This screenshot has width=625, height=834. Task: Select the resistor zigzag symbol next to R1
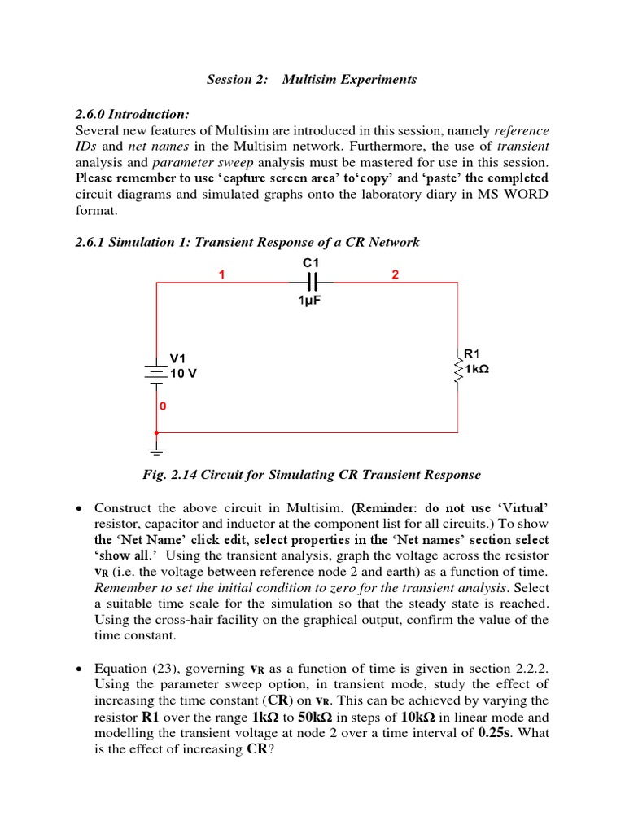[458, 371]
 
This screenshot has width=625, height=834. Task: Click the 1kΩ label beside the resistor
[477, 370]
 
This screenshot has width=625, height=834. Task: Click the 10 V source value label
[183, 373]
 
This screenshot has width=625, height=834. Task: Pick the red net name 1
[221, 274]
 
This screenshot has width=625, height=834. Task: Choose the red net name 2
[395, 274]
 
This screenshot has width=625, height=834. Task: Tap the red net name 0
[163, 406]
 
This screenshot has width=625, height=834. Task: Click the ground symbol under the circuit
[156, 448]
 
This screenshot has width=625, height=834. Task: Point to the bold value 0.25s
[491, 734]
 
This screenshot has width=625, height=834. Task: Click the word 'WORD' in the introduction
[527, 195]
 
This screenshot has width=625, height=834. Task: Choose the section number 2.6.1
[92, 242]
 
